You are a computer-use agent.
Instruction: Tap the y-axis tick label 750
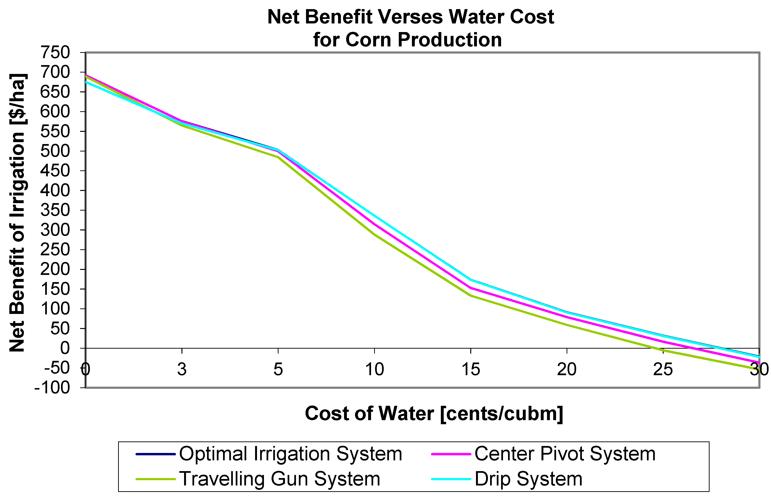coord(55,52)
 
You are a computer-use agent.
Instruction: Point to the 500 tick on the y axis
coord(55,151)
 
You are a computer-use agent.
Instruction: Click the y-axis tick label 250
coord(55,250)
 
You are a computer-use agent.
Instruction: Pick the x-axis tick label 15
coord(470,369)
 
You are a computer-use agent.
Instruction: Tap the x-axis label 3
coord(182,369)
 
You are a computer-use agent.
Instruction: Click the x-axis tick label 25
coord(663,369)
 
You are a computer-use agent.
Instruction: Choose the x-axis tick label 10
coord(374,369)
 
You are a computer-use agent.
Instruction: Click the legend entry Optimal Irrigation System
coord(290,454)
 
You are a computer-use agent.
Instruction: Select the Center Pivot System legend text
coord(565,454)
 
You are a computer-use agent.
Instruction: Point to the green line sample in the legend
coord(156,479)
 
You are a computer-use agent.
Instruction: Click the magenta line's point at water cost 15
coord(471,288)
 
